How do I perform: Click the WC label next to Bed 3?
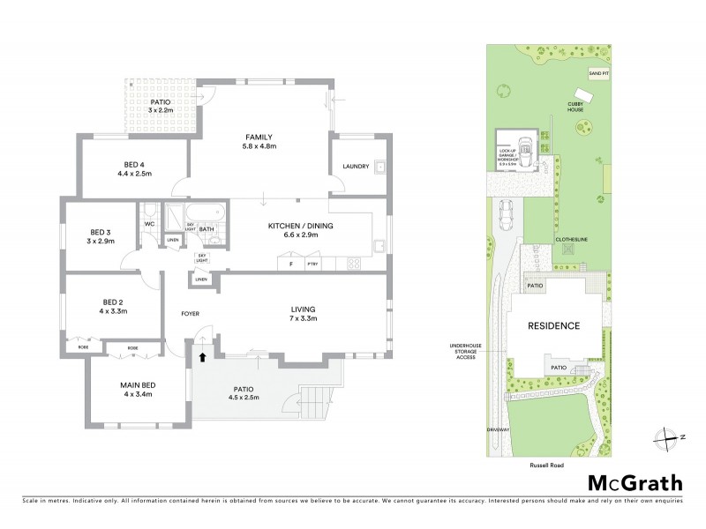tap(149, 223)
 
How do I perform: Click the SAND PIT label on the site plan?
tap(599, 72)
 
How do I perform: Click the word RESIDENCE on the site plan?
tap(553, 325)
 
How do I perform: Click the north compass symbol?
tap(668, 436)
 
